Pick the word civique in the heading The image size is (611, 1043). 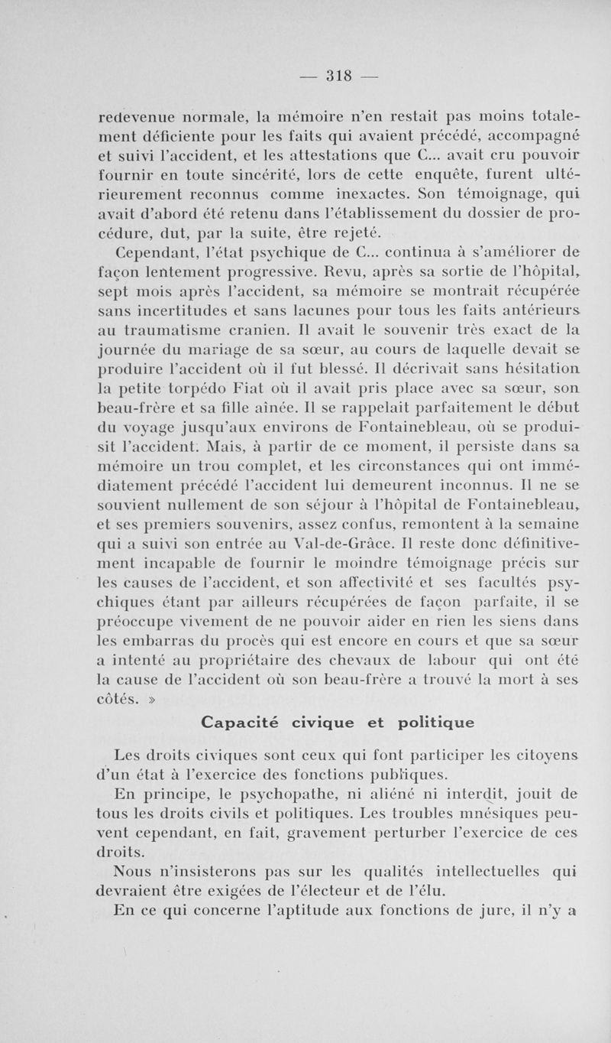[319, 722]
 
